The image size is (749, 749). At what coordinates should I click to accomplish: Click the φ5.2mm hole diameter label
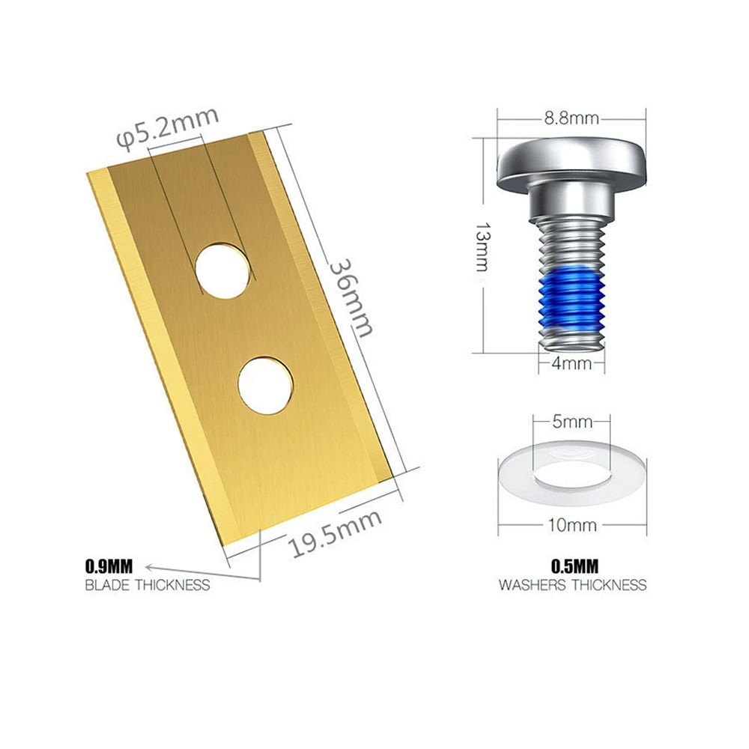coord(168,127)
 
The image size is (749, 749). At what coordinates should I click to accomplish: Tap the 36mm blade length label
coord(351,298)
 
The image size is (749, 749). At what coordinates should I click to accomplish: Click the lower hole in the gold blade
coord(266,385)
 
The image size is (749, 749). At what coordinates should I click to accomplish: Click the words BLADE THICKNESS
coord(148,585)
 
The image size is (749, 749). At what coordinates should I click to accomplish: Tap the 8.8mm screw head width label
coord(571,118)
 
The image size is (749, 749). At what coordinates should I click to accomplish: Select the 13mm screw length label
coord(482,246)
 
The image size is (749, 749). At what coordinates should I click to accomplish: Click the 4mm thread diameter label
coord(571,363)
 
